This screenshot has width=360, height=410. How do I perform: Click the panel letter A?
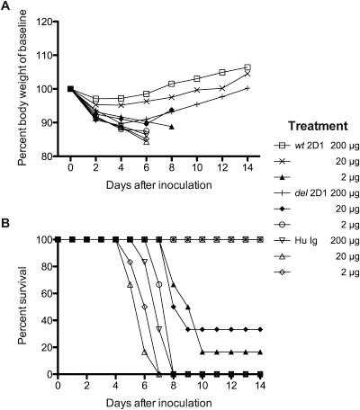tap(6, 6)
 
